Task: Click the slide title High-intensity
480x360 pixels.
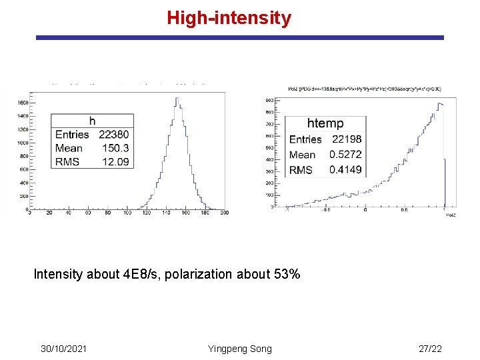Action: (x=229, y=17)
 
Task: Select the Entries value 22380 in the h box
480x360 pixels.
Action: (x=115, y=135)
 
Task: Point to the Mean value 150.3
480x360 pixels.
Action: (x=116, y=148)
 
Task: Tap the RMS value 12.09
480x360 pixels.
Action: (x=116, y=161)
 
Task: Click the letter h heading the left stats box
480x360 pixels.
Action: (x=92, y=121)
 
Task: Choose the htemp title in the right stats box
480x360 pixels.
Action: (x=325, y=123)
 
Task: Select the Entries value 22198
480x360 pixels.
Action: (x=346, y=139)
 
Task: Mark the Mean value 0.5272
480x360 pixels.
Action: (x=345, y=155)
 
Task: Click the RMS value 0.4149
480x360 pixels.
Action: (x=345, y=170)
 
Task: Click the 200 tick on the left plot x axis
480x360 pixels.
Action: (x=224, y=213)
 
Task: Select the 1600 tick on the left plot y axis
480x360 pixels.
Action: (x=22, y=103)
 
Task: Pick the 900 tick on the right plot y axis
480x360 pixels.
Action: (x=270, y=100)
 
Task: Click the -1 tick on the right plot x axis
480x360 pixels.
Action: (x=286, y=210)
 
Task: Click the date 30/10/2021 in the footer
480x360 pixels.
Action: (x=63, y=349)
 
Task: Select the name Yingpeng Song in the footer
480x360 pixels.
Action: (x=240, y=349)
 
